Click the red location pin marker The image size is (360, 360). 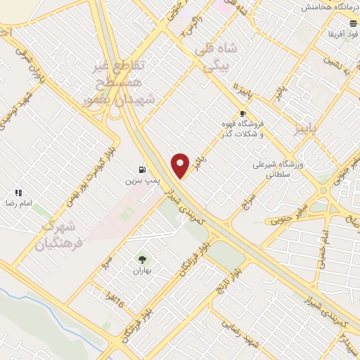(181, 165)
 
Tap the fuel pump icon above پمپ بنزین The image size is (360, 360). (143, 169)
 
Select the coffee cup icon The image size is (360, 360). (243, 112)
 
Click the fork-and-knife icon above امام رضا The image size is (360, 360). (18, 192)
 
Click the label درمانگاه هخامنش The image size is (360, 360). (330, 7)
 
